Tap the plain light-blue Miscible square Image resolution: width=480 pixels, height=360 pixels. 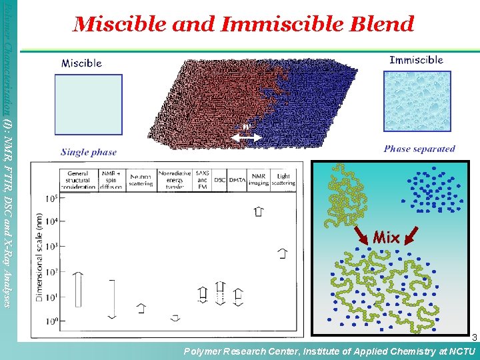88,105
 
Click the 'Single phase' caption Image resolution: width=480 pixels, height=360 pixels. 88,152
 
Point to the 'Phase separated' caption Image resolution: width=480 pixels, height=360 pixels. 419,149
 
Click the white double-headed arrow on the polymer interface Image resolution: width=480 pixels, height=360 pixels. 246,137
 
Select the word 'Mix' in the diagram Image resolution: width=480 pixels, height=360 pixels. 386,237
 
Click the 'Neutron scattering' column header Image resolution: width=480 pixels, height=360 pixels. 141,179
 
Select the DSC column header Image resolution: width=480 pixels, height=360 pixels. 219,179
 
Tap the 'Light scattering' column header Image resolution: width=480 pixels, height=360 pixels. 283,179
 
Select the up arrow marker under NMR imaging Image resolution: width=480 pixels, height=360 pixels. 258,211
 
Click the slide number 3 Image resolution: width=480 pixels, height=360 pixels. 474,337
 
